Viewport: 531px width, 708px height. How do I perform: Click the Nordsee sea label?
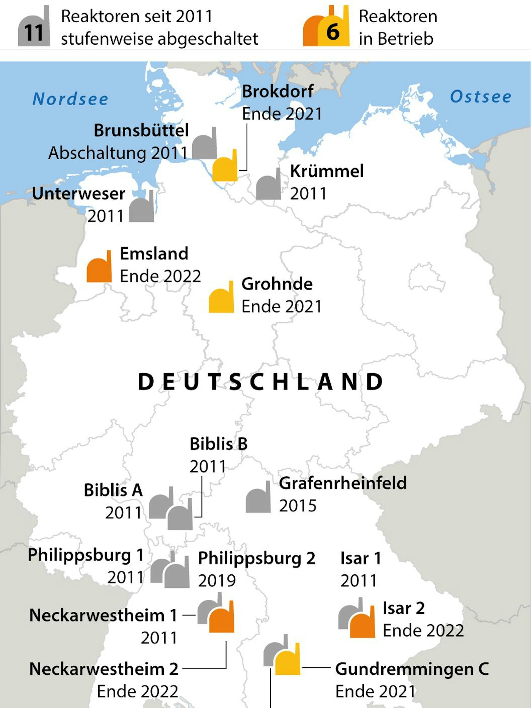pos(70,99)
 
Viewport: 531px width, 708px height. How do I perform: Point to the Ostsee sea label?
pos(480,97)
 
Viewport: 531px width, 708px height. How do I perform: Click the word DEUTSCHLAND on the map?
pos(260,382)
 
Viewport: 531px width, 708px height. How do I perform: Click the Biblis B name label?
pos(219,444)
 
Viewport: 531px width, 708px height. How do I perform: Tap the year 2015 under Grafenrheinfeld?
pos(298,506)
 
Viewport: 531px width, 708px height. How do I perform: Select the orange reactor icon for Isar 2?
pos(363,624)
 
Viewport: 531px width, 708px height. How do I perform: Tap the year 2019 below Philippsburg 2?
pos(217,581)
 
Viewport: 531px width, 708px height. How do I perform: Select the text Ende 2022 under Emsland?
pos(160,276)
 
